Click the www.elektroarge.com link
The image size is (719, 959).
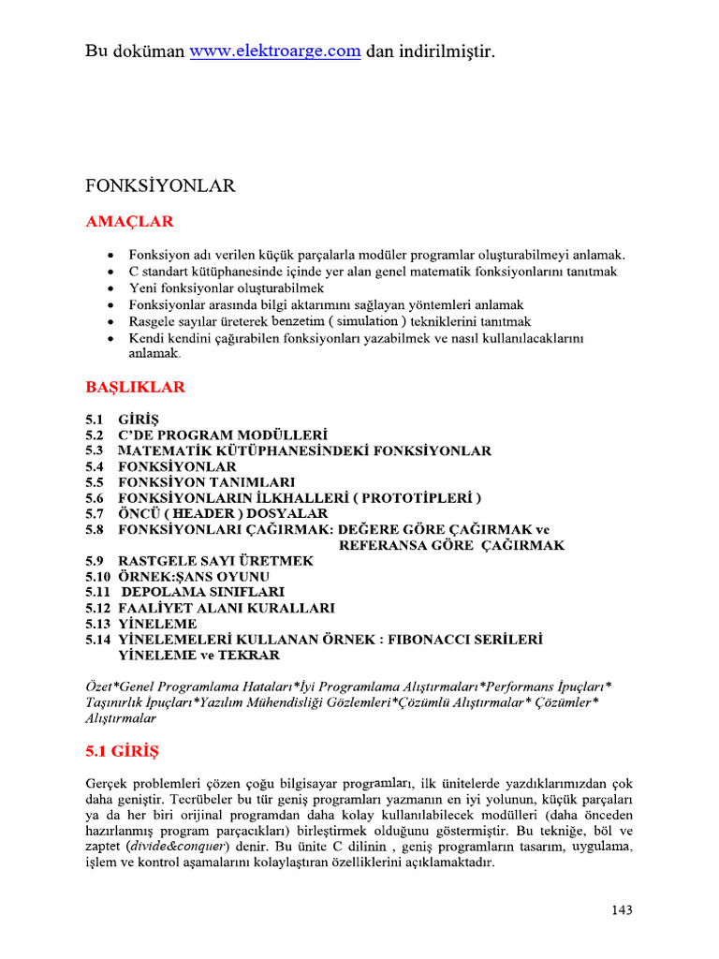274,52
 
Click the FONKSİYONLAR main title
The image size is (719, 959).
160,186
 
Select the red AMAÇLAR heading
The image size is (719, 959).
129,222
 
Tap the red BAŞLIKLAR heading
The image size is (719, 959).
135,387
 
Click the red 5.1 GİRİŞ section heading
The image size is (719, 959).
123,750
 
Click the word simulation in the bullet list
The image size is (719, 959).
358,321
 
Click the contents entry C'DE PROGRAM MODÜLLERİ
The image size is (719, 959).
223,435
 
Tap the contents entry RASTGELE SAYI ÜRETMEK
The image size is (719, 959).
216,560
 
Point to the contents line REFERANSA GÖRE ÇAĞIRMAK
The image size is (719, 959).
451,545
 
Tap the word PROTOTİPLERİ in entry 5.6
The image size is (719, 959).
412,497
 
